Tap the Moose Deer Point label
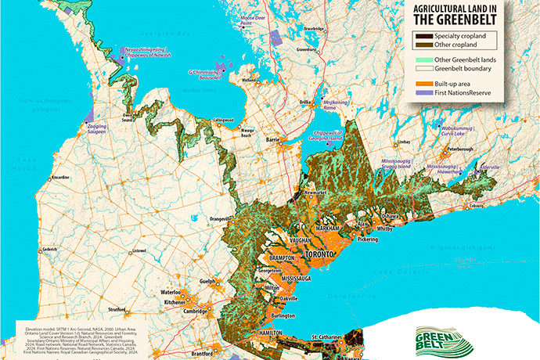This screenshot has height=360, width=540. click(251, 19)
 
